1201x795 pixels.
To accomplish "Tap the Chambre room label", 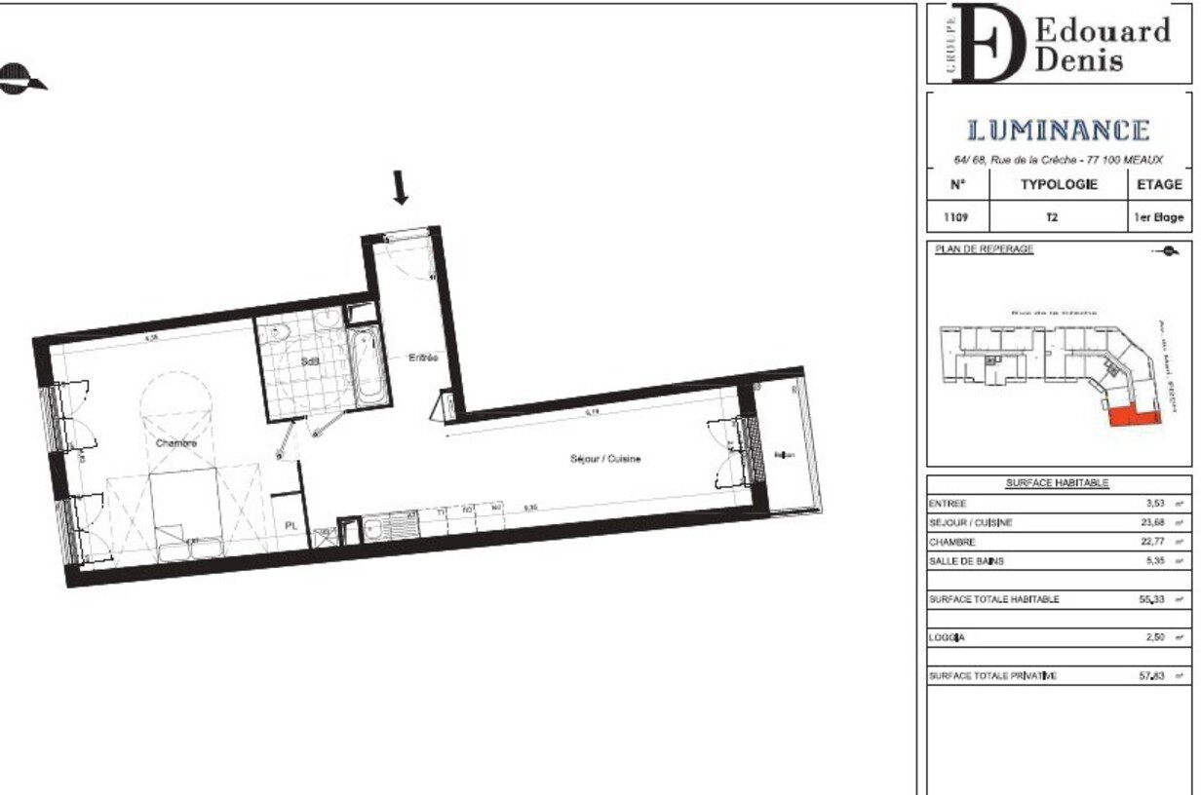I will click(x=176, y=443).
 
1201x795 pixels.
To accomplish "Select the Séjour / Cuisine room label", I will click(x=605, y=459).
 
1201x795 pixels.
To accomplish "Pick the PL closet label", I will click(x=291, y=525).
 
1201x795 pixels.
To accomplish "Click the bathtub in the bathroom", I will click(x=368, y=368).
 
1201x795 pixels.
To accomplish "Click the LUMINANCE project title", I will click(x=1058, y=131).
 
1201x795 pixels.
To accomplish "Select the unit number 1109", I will click(x=956, y=217).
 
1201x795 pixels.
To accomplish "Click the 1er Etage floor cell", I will click(x=1158, y=217).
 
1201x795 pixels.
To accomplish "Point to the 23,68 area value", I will click(x=1154, y=522).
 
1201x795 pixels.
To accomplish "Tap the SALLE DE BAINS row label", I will click(x=965, y=561).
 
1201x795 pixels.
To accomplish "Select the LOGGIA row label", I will click(x=947, y=637).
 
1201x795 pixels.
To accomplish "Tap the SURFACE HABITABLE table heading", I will click(x=1057, y=483).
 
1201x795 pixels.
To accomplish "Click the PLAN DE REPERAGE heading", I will click(x=984, y=249).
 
